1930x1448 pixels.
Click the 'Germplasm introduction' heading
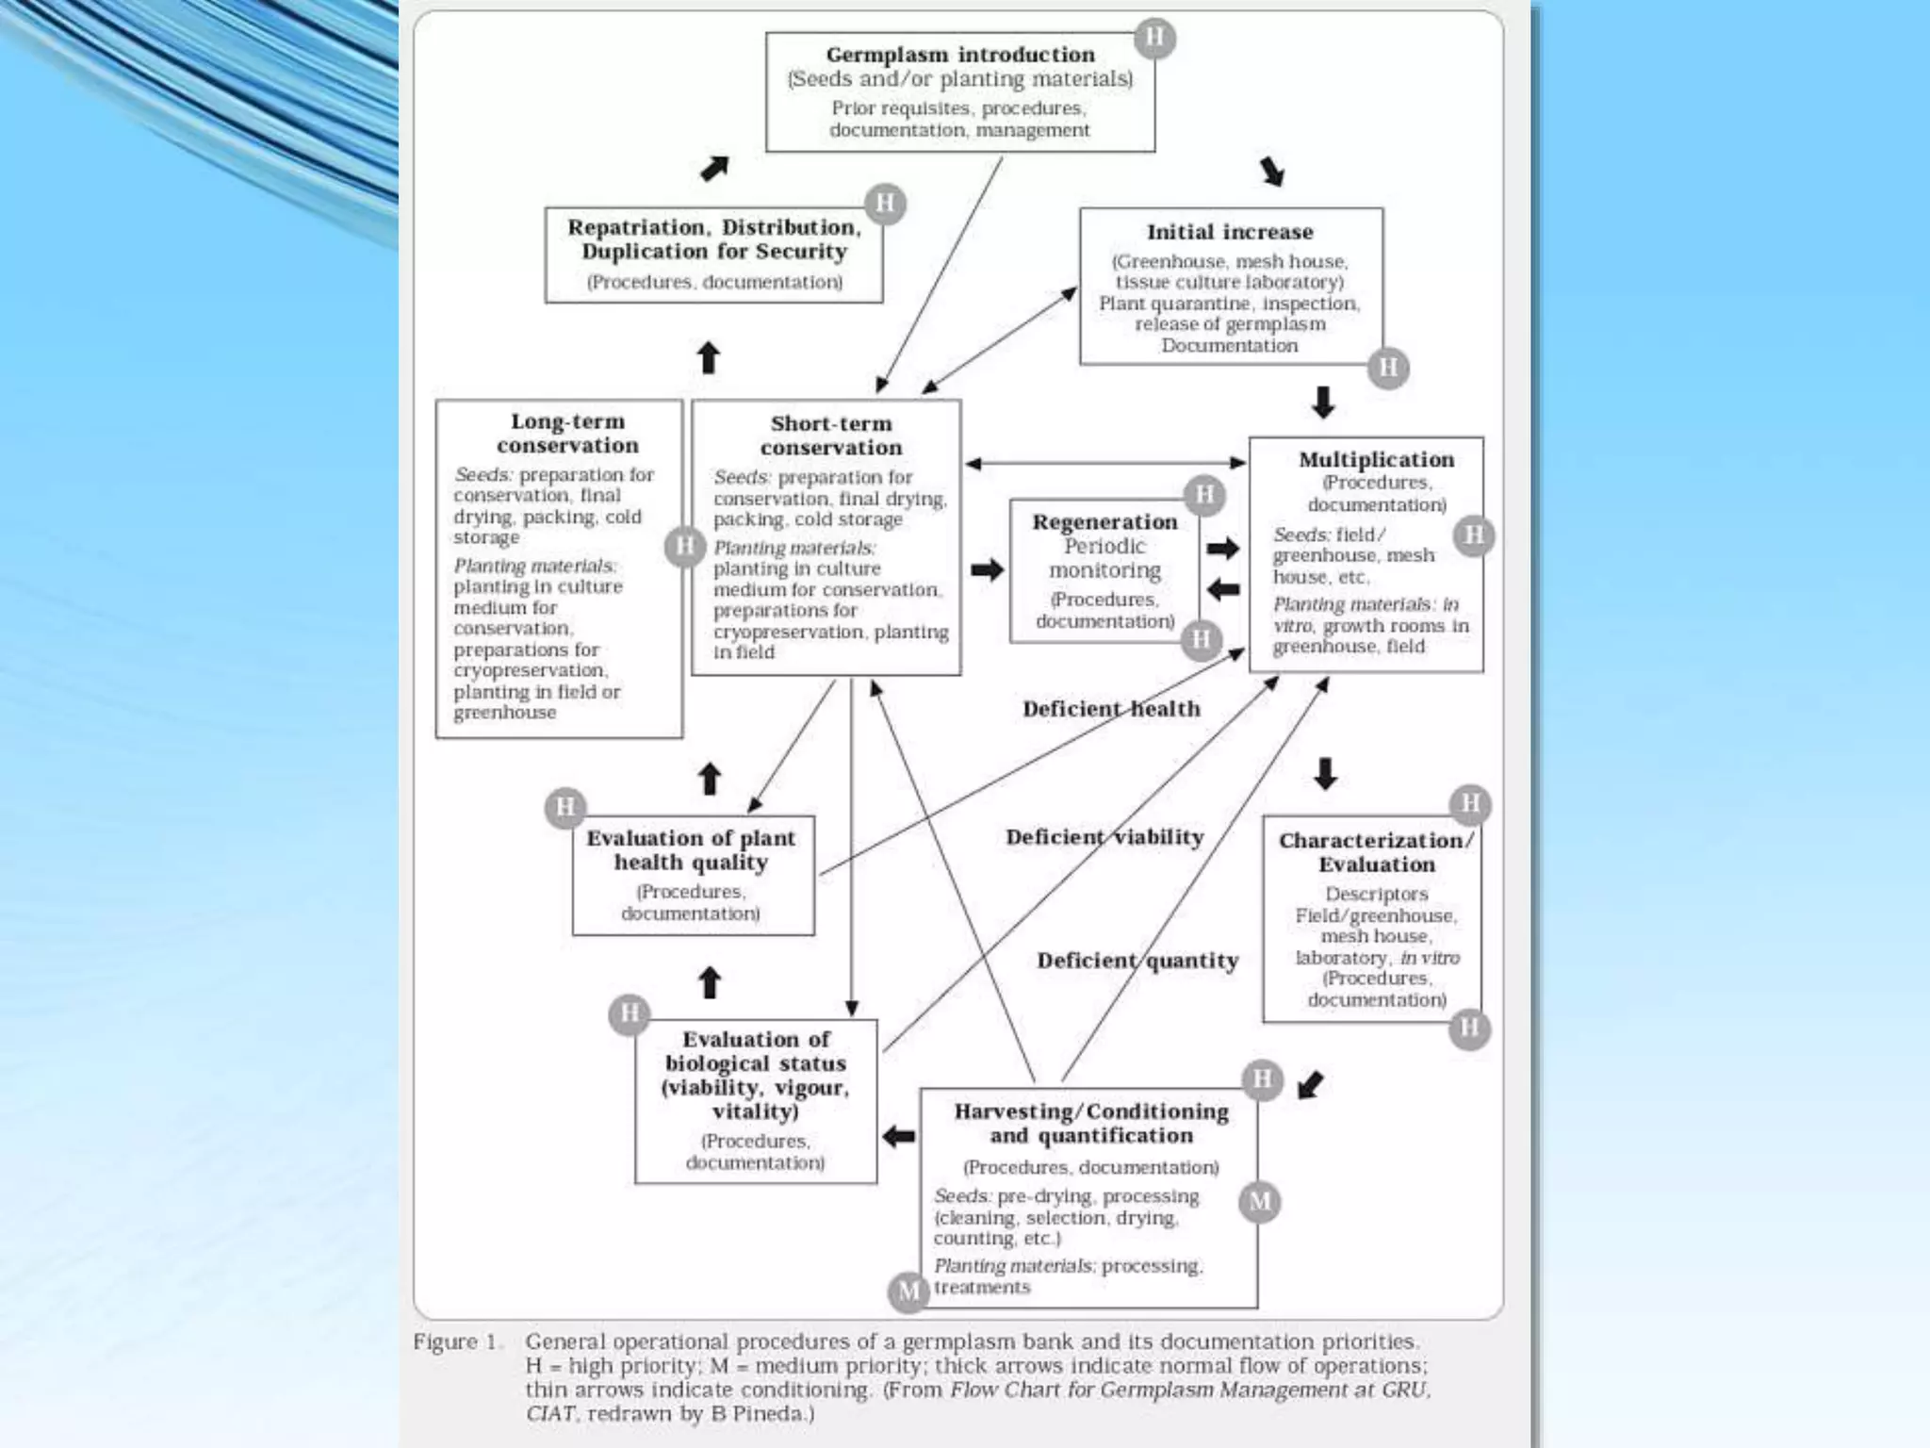point(959,55)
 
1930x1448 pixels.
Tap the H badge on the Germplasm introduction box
point(1154,38)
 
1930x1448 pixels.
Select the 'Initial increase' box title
point(1229,232)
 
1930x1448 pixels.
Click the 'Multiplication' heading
point(1376,459)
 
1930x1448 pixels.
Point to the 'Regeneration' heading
point(1104,521)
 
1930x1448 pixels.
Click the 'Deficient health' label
point(1111,709)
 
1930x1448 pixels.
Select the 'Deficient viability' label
point(1104,837)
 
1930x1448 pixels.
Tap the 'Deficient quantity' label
point(1137,961)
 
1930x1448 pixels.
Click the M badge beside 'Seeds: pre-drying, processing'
point(1260,1202)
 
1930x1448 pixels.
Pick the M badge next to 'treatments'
point(908,1291)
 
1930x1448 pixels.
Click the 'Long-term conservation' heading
point(567,434)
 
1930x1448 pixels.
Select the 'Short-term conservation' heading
point(830,436)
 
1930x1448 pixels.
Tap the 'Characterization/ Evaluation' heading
point(1376,852)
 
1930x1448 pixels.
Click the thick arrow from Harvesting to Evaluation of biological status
point(899,1137)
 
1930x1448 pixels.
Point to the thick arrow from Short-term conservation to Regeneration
point(987,569)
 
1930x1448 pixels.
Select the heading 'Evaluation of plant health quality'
point(691,850)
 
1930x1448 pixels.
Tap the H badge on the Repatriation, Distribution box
point(885,204)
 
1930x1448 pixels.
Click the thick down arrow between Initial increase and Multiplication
point(1323,402)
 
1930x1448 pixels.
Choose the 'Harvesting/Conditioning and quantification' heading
point(1091,1124)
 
